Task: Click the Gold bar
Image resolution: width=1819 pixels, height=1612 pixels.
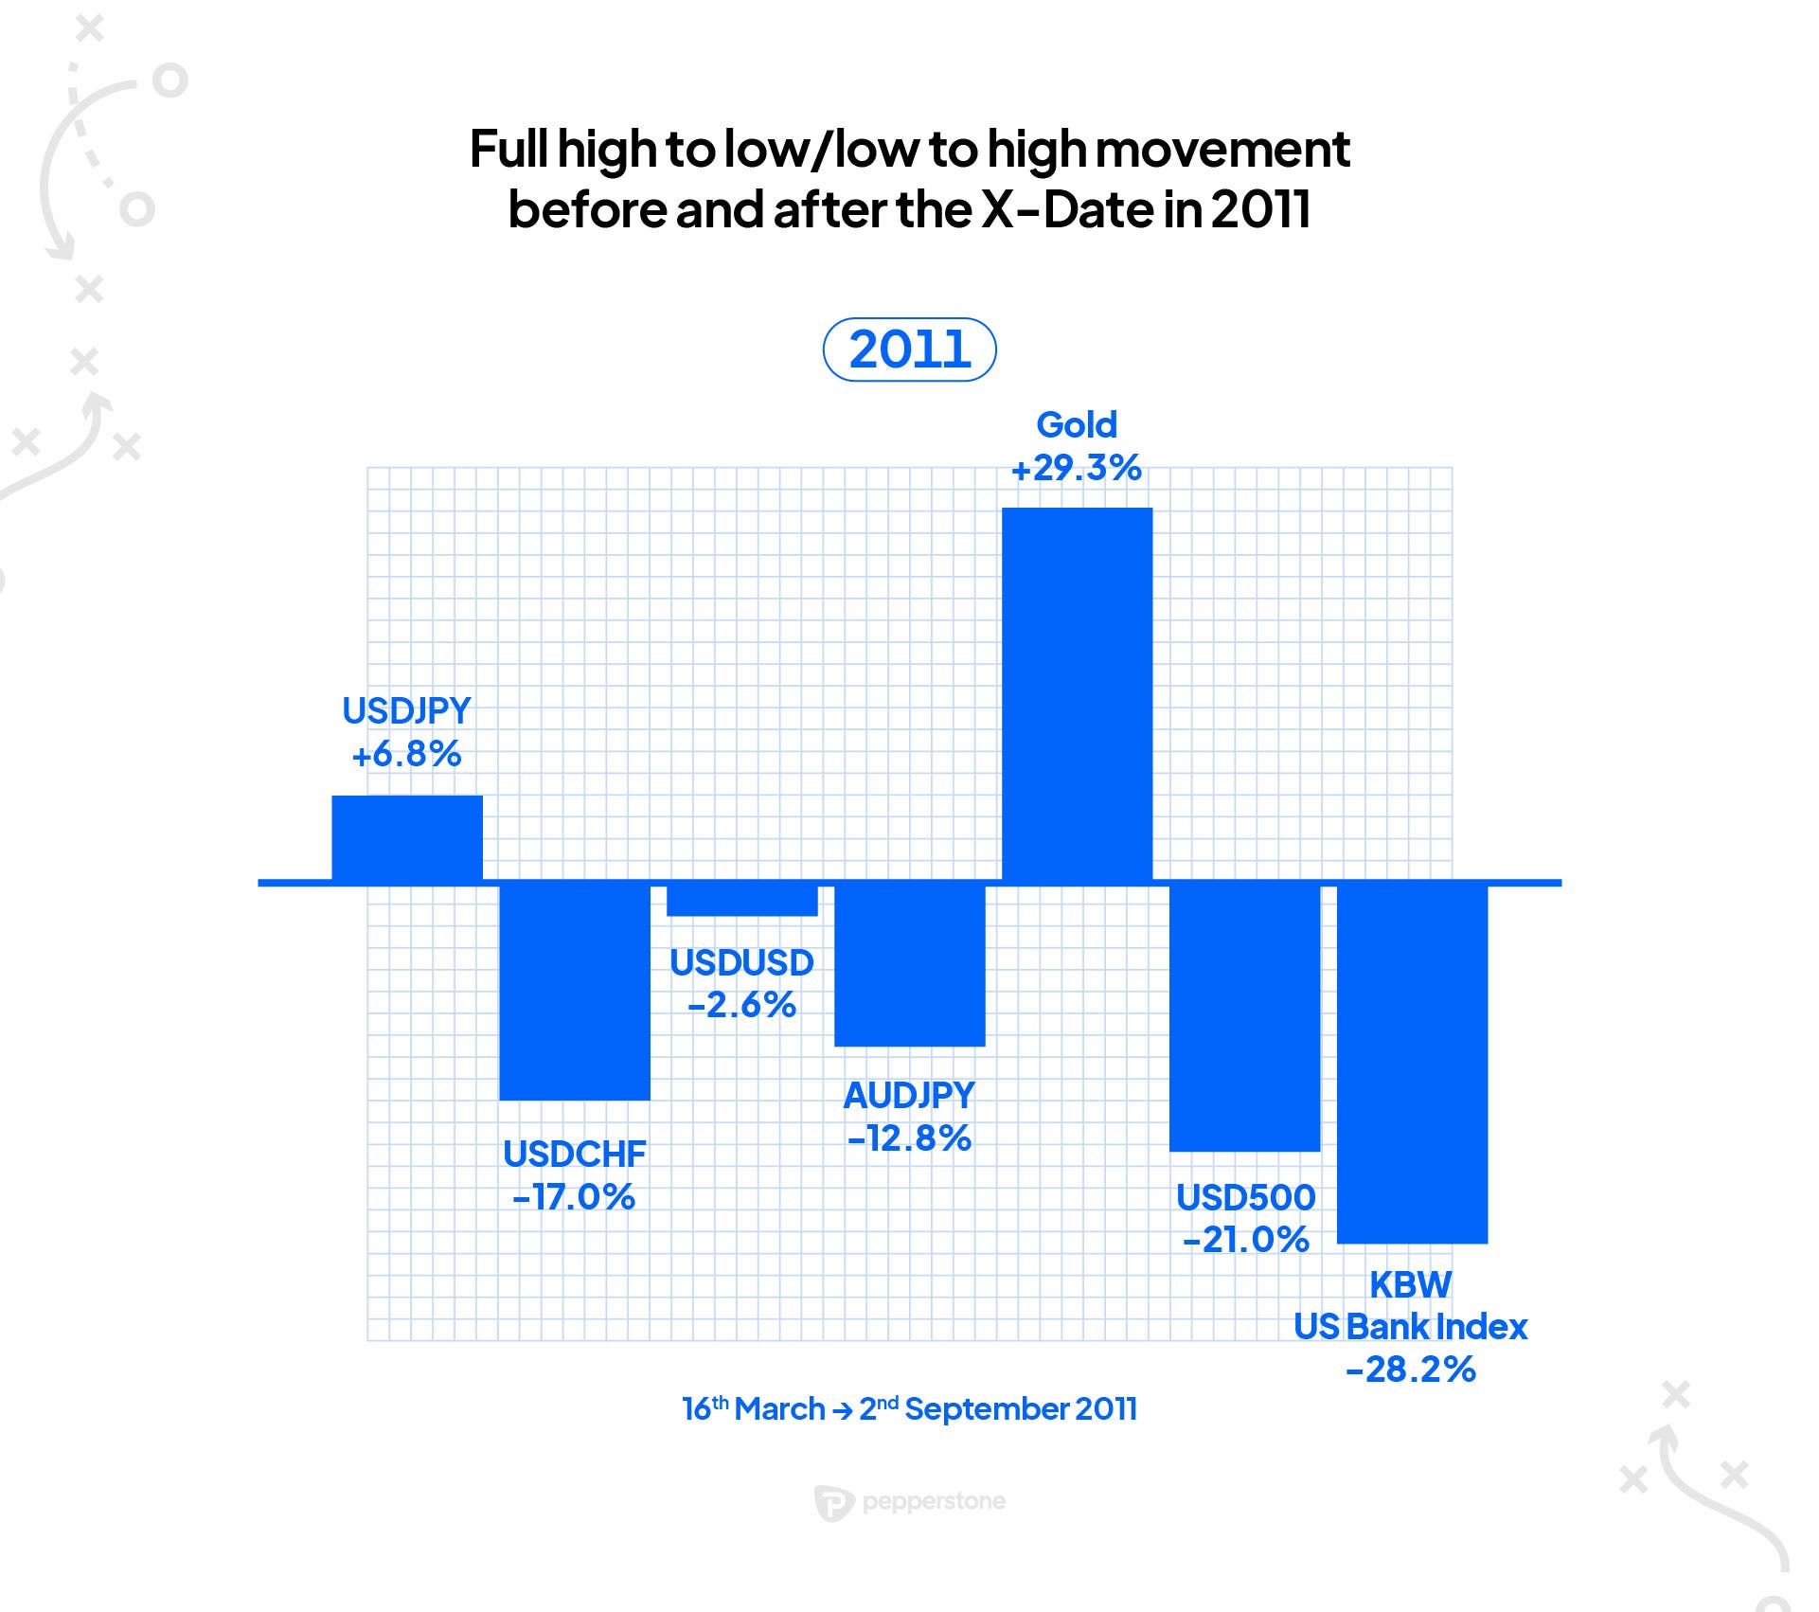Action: [1077, 694]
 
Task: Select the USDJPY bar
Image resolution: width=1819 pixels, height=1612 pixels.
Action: [407, 838]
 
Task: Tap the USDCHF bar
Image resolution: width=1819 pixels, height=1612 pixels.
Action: [575, 993]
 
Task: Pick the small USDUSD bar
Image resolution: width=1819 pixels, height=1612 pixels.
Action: [742, 901]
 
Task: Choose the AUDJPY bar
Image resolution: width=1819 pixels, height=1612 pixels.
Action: [909, 966]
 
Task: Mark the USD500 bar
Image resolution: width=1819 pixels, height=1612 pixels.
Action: [1244, 1018]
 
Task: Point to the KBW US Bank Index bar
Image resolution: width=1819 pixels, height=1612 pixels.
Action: [1412, 1064]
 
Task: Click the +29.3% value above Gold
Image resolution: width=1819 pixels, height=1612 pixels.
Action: [1077, 469]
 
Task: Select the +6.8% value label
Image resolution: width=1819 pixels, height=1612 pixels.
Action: [407, 755]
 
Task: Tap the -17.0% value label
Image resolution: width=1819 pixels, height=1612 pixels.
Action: [575, 1197]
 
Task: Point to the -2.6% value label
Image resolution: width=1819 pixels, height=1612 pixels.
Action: [742, 1005]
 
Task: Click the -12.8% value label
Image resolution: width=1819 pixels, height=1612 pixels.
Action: [909, 1138]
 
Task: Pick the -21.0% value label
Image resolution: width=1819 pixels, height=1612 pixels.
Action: [1246, 1240]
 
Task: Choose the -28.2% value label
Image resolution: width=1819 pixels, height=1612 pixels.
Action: [1411, 1370]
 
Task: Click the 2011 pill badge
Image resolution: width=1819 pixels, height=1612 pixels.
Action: [909, 349]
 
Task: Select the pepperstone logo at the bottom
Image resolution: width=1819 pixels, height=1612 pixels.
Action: [910, 1502]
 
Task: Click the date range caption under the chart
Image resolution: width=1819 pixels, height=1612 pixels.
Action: [909, 1409]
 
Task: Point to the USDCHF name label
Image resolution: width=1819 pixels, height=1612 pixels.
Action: [575, 1154]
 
